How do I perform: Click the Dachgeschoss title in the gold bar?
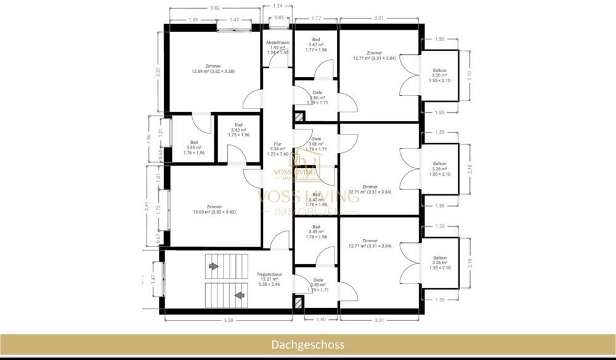click(308, 345)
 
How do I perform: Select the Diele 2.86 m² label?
click(317, 97)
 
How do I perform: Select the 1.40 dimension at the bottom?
click(322, 321)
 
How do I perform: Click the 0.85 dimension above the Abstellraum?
click(279, 17)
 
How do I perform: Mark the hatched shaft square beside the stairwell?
click(299, 302)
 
